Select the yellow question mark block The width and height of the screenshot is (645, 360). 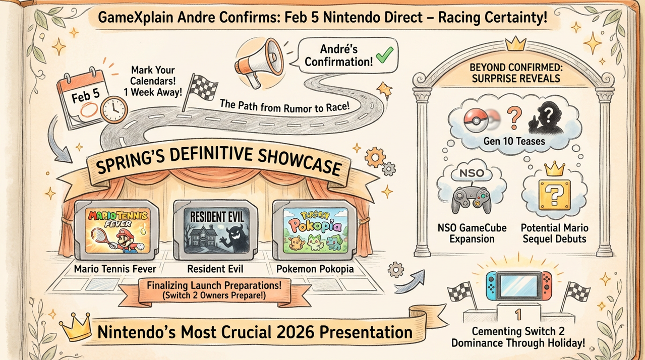(x=554, y=195)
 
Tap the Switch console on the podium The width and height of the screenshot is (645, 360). (x=518, y=285)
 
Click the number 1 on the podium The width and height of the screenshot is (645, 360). (x=517, y=316)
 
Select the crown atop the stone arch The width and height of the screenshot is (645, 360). (x=515, y=44)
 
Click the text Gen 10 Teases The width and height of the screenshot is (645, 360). (x=514, y=141)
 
